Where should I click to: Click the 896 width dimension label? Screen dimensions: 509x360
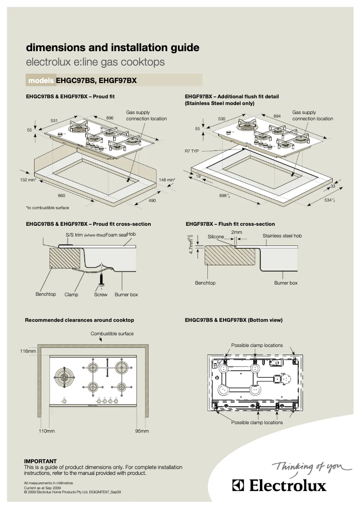coord(110,118)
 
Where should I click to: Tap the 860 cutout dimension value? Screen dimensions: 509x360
coord(61,195)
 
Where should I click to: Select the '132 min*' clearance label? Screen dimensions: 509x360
coord(28,180)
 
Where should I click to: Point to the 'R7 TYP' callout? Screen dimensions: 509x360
coord(192,151)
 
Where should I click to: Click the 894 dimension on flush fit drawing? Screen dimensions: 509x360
coord(277,116)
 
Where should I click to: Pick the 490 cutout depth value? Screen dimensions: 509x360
coord(152,200)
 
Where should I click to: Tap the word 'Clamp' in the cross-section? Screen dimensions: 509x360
coord(71,294)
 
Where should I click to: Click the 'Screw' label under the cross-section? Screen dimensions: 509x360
coord(101,294)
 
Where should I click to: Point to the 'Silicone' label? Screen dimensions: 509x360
coord(215,237)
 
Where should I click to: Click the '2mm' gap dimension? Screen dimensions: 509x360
coord(237,232)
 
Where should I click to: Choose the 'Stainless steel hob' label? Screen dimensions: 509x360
coord(282,236)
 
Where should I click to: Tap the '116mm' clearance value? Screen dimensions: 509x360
coord(28,351)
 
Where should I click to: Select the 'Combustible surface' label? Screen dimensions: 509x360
coord(112,333)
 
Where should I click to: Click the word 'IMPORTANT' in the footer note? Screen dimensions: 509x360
coord(40,461)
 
